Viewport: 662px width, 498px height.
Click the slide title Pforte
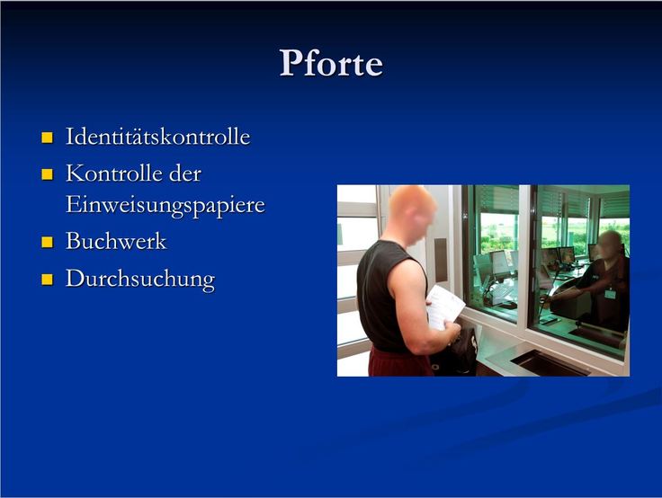pos(331,63)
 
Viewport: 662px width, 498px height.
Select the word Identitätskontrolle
pos(158,137)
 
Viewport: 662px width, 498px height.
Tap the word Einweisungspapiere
pos(165,206)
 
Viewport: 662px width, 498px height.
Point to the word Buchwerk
pos(116,241)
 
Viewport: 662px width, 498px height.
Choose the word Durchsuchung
pos(140,279)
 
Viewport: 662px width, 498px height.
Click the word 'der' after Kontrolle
pos(185,173)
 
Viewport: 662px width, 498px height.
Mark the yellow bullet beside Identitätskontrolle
pos(48,138)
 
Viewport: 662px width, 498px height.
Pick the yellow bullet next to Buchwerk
pos(48,242)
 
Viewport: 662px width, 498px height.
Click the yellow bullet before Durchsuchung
pos(48,280)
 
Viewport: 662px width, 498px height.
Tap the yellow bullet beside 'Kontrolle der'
pos(48,174)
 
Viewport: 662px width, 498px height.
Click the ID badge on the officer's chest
pos(610,294)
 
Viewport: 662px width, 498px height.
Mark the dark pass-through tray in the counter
pos(550,363)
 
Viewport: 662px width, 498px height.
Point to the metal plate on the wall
pos(441,260)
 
